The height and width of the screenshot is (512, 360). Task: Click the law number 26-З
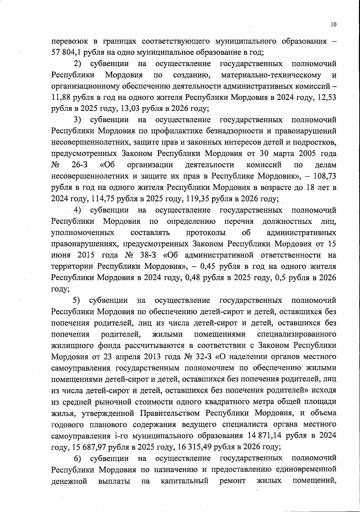tap(79, 165)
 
